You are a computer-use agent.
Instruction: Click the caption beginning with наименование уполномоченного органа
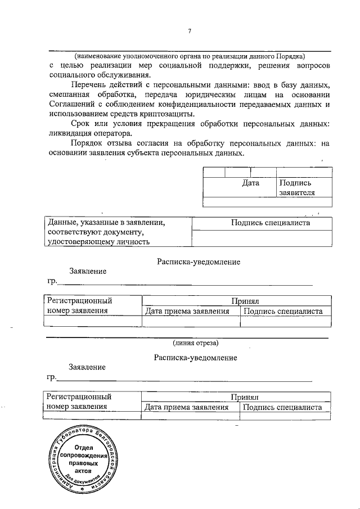190,56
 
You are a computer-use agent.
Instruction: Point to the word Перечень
89,84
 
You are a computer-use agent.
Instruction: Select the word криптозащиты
169,114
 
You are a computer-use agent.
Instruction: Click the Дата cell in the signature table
250,183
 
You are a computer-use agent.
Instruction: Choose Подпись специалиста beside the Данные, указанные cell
271,223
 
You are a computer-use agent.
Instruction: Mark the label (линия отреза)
195,342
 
